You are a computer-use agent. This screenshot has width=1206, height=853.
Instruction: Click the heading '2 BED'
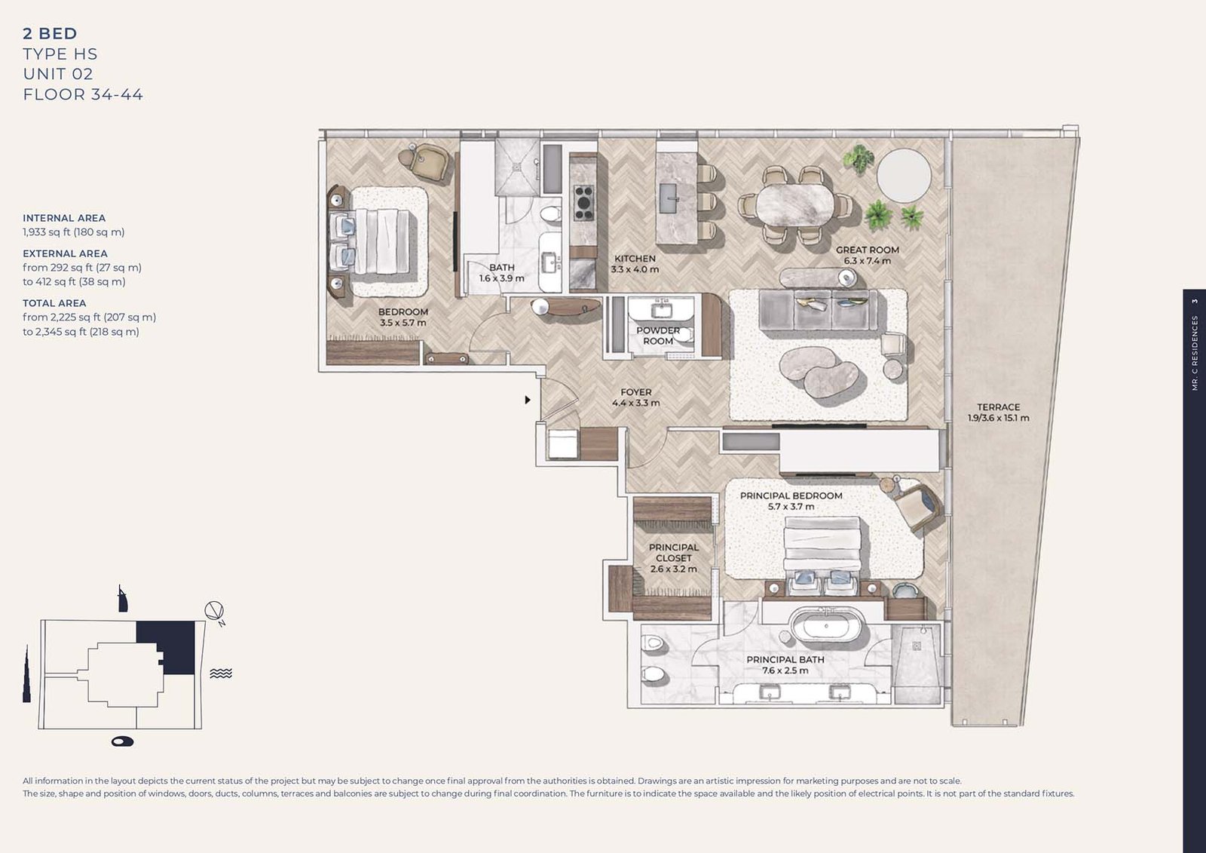coord(50,33)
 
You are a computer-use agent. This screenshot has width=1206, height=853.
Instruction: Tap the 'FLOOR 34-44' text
coord(83,94)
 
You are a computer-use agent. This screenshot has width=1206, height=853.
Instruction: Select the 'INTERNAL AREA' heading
coord(64,218)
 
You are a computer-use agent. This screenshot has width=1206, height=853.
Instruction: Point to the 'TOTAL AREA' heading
coord(54,303)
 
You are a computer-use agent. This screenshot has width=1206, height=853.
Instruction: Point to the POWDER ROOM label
coord(658,336)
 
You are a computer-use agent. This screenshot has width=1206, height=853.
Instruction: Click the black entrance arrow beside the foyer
coord(528,400)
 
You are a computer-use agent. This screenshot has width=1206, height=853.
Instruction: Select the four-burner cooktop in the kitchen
coord(583,203)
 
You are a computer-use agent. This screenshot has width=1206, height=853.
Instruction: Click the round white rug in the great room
coord(904,176)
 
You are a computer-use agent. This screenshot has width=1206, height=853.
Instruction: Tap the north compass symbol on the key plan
coord(214,612)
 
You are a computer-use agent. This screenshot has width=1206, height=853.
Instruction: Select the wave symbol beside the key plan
coord(221,674)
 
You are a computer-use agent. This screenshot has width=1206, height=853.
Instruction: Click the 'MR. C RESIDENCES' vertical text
coord(1194,354)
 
